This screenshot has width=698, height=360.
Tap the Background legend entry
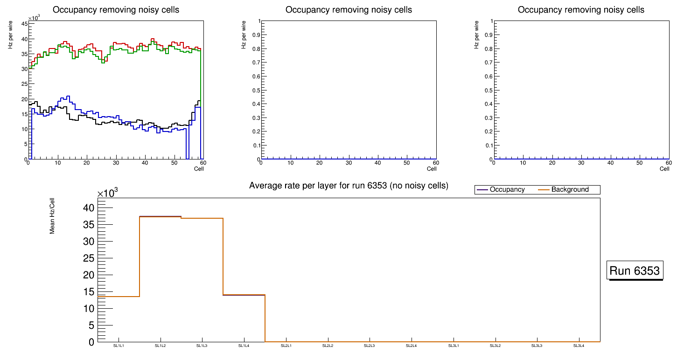pyautogui.click(x=570, y=189)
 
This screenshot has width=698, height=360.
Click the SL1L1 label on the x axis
pyautogui.click(x=119, y=346)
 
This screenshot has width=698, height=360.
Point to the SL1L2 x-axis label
pyautogui.click(x=161, y=346)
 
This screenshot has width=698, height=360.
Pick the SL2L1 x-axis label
pyautogui.click(x=286, y=346)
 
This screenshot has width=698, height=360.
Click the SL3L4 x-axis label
pyautogui.click(x=579, y=346)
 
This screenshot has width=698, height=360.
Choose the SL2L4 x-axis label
pyautogui.click(x=412, y=346)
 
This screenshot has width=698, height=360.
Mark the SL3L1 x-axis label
pyautogui.click(x=454, y=346)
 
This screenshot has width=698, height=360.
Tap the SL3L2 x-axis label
pyautogui.click(x=496, y=346)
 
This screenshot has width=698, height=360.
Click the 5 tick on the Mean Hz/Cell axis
pyautogui.click(x=91, y=325)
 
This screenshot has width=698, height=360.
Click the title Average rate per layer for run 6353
pyautogui.click(x=349, y=186)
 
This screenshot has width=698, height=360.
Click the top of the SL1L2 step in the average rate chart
pyautogui.click(x=161, y=217)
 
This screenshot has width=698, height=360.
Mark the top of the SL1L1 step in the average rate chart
pyautogui.click(x=119, y=297)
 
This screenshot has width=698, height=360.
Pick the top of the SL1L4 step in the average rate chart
pyautogui.click(x=244, y=295)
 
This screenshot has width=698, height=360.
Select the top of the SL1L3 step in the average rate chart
pyautogui.click(x=202, y=218)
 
